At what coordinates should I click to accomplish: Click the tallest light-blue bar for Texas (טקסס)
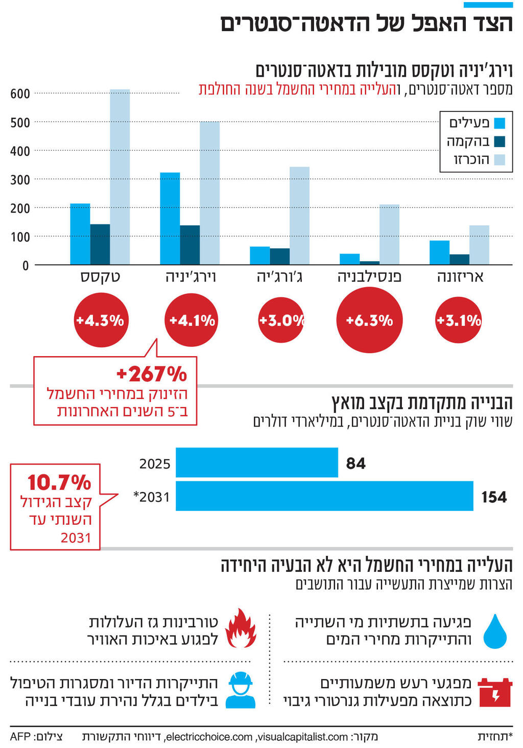point(120,177)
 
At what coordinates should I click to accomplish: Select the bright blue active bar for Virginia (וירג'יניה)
point(170,219)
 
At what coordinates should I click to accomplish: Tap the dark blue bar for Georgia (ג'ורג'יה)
point(279,256)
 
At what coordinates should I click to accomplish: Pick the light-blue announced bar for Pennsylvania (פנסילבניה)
point(389,235)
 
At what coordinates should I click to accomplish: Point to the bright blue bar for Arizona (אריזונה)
point(439,252)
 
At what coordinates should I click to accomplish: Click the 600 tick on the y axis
point(20,94)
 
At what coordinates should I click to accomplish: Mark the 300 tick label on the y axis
point(20,180)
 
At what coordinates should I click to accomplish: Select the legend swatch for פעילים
point(500,123)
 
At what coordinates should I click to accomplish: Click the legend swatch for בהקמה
point(500,142)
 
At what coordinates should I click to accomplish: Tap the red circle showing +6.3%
point(369,320)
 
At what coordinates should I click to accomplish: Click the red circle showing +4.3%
point(100,320)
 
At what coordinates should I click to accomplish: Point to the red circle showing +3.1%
point(458,320)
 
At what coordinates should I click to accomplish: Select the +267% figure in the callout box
point(152,374)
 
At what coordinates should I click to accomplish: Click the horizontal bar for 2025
point(256,462)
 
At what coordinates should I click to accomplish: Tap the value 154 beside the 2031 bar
point(494,497)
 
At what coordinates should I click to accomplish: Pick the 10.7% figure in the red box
point(59,482)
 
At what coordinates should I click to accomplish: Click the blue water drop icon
point(495,632)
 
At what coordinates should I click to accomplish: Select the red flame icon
point(241,628)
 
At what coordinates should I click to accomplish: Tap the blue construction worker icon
point(240,690)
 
